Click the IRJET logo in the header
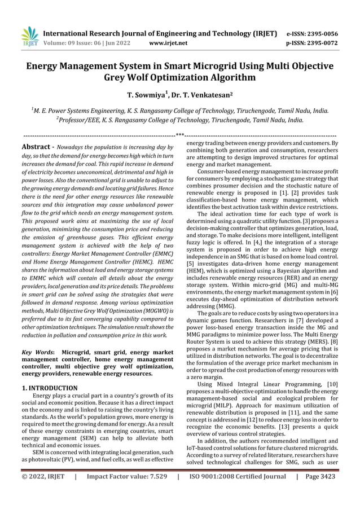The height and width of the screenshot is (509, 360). click(x=29, y=36)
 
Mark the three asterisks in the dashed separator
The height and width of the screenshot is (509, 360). click(x=179, y=135)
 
